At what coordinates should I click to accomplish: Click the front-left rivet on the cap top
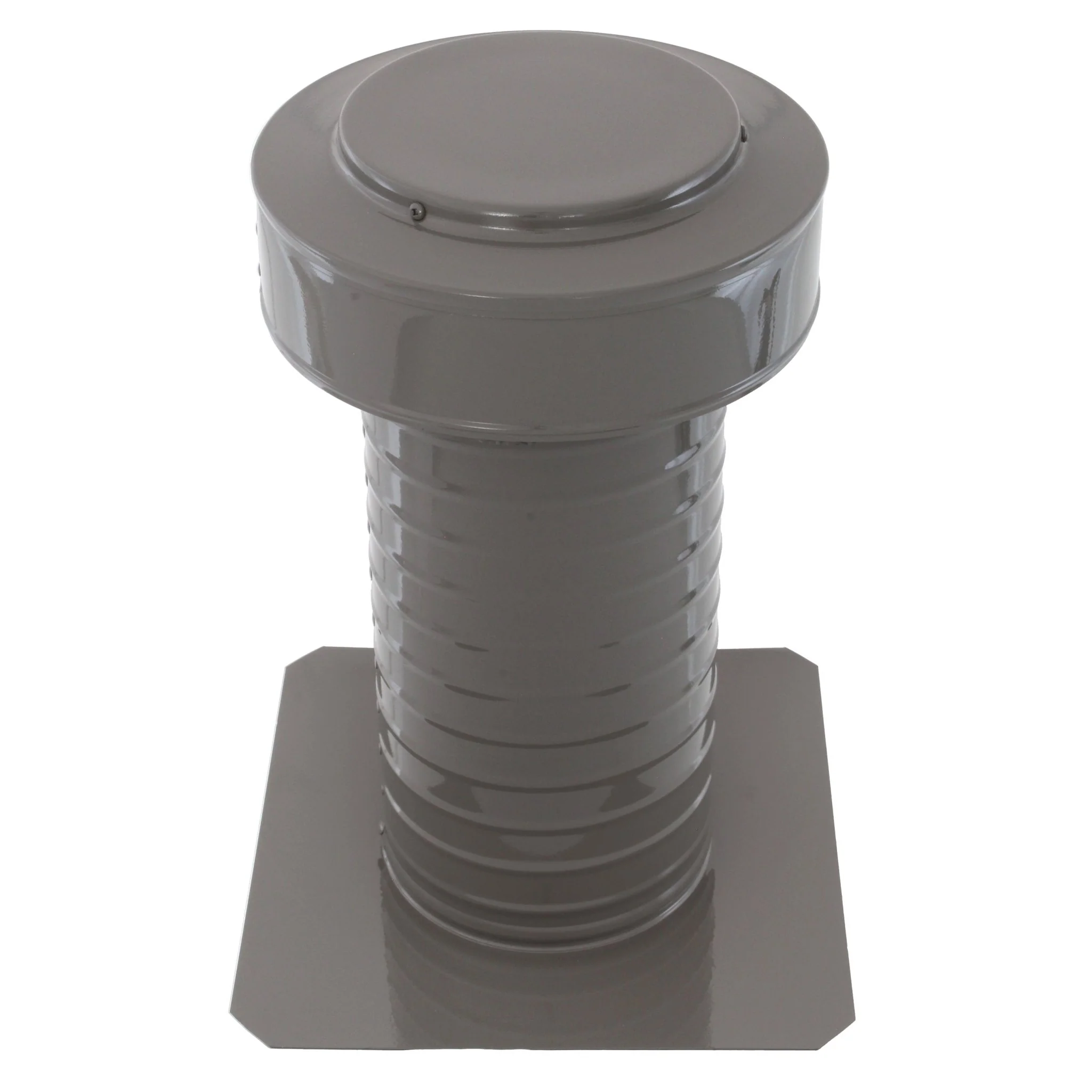coord(418,210)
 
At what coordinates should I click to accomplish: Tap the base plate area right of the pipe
coord(774,820)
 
